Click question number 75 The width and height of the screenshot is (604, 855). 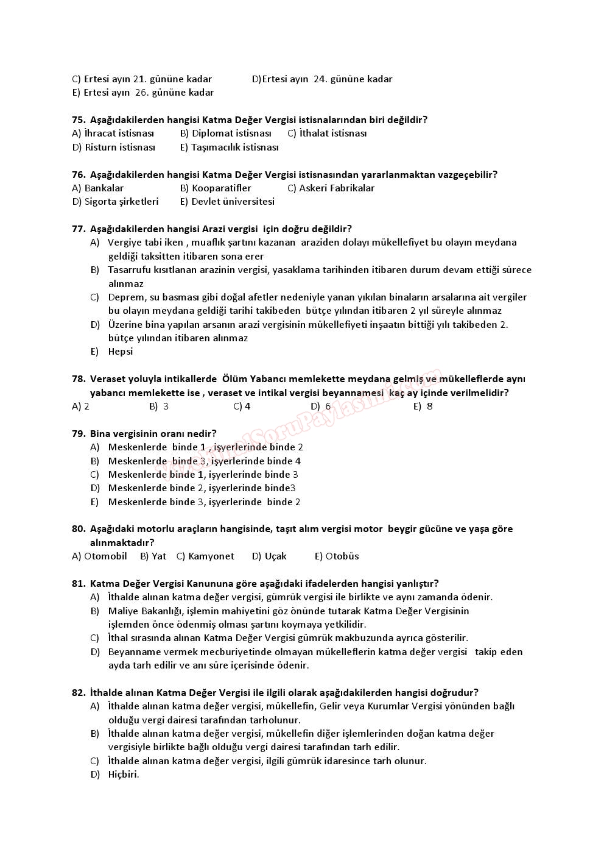click(78, 120)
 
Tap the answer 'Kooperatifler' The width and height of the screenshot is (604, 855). click(221, 188)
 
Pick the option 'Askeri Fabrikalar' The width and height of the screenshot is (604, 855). click(336, 188)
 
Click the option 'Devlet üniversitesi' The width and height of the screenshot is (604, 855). click(233, 202)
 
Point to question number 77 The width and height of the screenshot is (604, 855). click(78, 229)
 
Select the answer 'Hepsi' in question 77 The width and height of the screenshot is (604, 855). click(120, 352)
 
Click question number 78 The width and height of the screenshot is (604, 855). click(78, 379)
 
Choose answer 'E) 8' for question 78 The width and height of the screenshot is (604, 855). click(423, 406)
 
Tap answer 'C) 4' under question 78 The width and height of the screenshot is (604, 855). click(242, 406)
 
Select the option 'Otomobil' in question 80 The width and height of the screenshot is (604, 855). click(105, 556)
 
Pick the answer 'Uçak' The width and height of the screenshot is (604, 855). click(275, 556)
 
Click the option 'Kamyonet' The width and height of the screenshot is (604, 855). click(211, 556)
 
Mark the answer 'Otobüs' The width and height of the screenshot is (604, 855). click(342, 556)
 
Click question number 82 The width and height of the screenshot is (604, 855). click(78, 693)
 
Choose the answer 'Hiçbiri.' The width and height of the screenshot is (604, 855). click(124, 775)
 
